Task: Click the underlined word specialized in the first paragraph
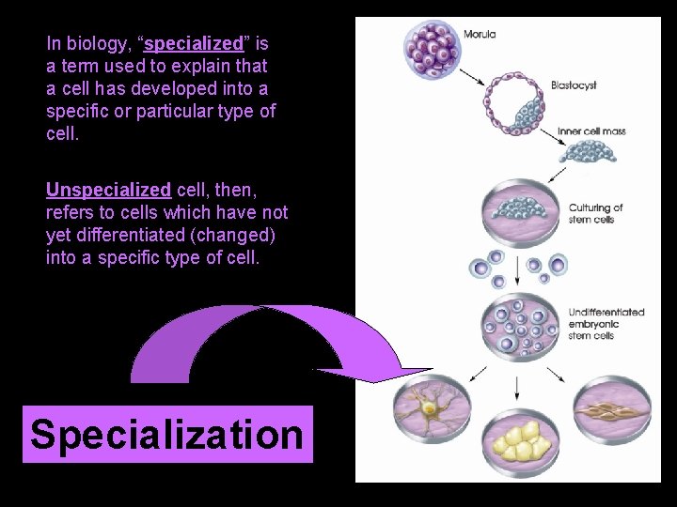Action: point(194,44)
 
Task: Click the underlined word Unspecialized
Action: point(108,190)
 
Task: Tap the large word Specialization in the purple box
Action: point(167,435)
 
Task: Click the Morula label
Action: point(480,35)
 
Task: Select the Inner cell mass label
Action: point(591,131)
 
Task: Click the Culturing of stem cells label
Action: point(595,214)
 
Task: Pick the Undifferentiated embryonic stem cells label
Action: point(606,324)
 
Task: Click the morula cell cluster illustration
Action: point(432,47)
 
